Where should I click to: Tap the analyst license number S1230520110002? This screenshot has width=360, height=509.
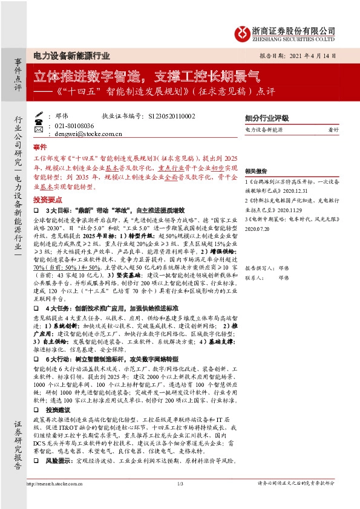coord(180,115)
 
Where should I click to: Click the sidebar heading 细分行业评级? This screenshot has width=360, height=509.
coord(267,118)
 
